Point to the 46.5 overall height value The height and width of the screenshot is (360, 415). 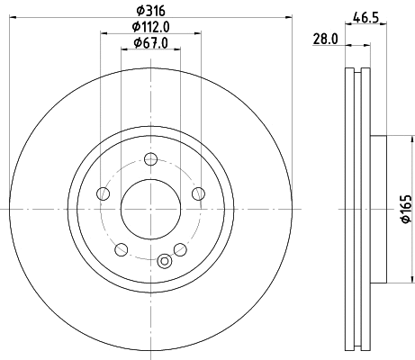[x=364, y=16]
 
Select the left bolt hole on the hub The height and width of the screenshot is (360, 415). [x=103, y=193]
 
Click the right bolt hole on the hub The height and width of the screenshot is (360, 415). [x=198, y=193]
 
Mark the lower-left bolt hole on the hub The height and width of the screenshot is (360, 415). [x=121, y=248]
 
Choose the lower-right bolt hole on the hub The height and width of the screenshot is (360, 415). [x=180, y=248]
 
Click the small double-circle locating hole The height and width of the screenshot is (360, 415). [x=164, y=261]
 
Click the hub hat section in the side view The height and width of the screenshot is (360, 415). [x=378, y=208]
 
